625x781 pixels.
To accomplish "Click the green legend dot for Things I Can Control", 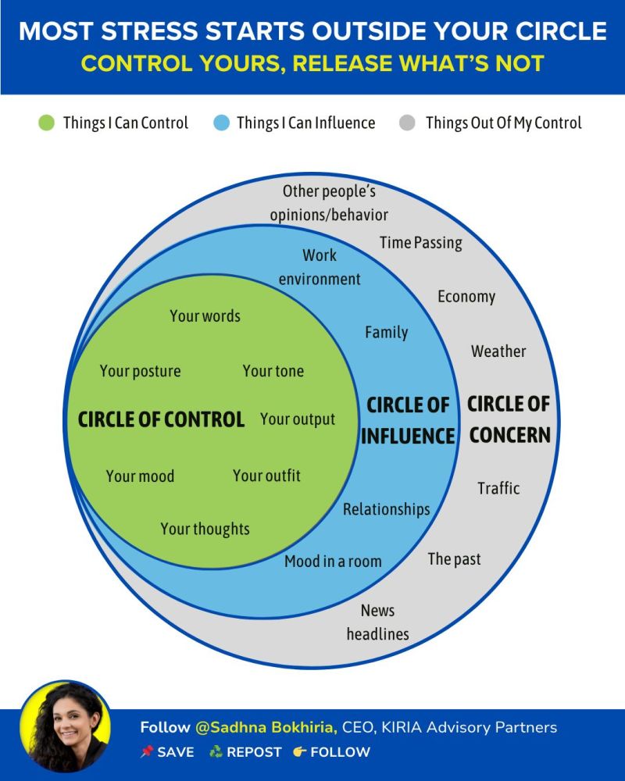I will [x=46, y=123].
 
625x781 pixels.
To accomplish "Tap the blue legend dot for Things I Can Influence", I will [x=221, y=123].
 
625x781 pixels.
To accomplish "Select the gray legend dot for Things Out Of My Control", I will [x=407, y=123].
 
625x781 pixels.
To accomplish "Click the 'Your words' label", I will [x=205, y=316].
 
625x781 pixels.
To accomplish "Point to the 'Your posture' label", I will [x=140, y=371].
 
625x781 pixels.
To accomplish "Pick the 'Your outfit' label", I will [x=266, y=476].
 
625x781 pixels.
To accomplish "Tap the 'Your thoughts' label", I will [x=205, y=529].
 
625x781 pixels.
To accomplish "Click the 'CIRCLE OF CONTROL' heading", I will [x=161, y=419].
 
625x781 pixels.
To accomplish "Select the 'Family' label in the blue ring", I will [x=386, y=332].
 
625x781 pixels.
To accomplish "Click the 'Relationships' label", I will [x=386, y=509].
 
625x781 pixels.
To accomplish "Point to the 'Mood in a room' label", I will [x=333, y=561].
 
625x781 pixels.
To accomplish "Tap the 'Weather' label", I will [x=498, y=351].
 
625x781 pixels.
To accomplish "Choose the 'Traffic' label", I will [x=498, y=488].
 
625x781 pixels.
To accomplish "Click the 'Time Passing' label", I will [x=420, y=243].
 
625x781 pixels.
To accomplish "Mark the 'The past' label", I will [x=454, y=558].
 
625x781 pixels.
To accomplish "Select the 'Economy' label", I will [x=466, y=297].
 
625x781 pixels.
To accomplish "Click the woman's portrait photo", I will [x=65, y=726].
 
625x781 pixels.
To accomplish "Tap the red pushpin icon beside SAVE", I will [x=146, y=752].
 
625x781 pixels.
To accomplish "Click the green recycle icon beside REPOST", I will [x=216, y=752].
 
